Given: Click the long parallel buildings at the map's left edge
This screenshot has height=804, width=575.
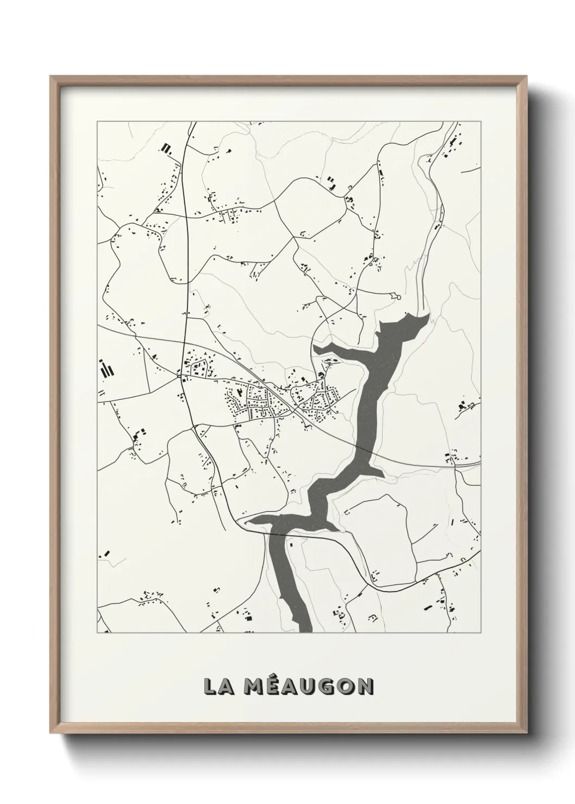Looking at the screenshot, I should (107, 369).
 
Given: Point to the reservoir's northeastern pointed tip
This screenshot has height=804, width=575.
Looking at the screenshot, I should (426, 316).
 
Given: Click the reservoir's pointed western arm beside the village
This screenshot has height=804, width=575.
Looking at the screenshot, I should (318, 347).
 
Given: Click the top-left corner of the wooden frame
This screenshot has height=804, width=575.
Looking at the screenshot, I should (51, 77).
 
